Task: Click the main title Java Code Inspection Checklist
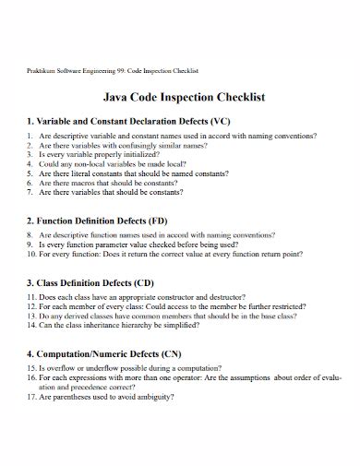[x=179, y=96]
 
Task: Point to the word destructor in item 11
[x=226, y=297]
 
